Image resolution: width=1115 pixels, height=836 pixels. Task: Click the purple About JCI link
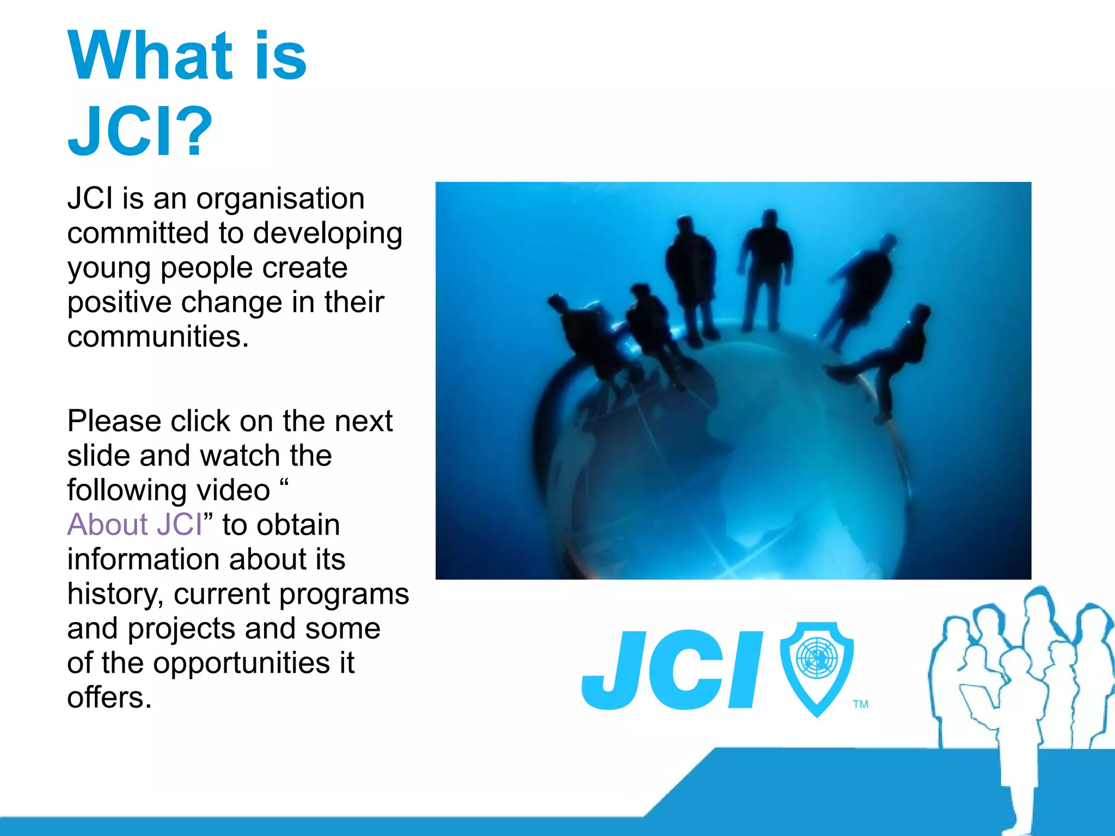point(134,525)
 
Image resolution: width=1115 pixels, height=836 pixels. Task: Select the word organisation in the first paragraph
point(280,198)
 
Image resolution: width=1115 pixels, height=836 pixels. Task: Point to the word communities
point(158,336)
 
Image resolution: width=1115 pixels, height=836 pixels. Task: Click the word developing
point(328,234)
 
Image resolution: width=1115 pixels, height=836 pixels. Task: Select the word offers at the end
point(109,698)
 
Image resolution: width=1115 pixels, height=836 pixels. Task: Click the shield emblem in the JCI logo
point(817,667)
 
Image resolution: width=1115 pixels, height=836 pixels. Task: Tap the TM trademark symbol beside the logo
point(861,704)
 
